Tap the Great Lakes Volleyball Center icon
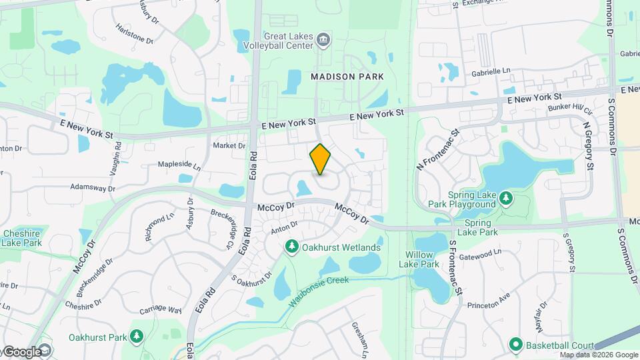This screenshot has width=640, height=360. tap(323, 40)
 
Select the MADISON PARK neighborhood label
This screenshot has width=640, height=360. tap(347, 77)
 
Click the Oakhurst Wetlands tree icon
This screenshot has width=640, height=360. tap(292, 248)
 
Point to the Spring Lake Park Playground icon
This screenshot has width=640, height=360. tap(507, 198)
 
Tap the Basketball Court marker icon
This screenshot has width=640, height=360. tap(515, 345)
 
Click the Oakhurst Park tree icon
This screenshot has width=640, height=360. tap(137, 336)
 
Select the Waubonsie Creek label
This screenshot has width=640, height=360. tap(319, 291)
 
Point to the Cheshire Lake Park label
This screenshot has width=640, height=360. tap(22, 238)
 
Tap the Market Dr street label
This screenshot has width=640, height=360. tap(229, 145)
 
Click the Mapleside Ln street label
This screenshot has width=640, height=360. tap(178, 164)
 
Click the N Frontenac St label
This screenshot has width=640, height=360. tap(438, 149)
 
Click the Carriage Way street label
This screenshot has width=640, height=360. tap(161, 310)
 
